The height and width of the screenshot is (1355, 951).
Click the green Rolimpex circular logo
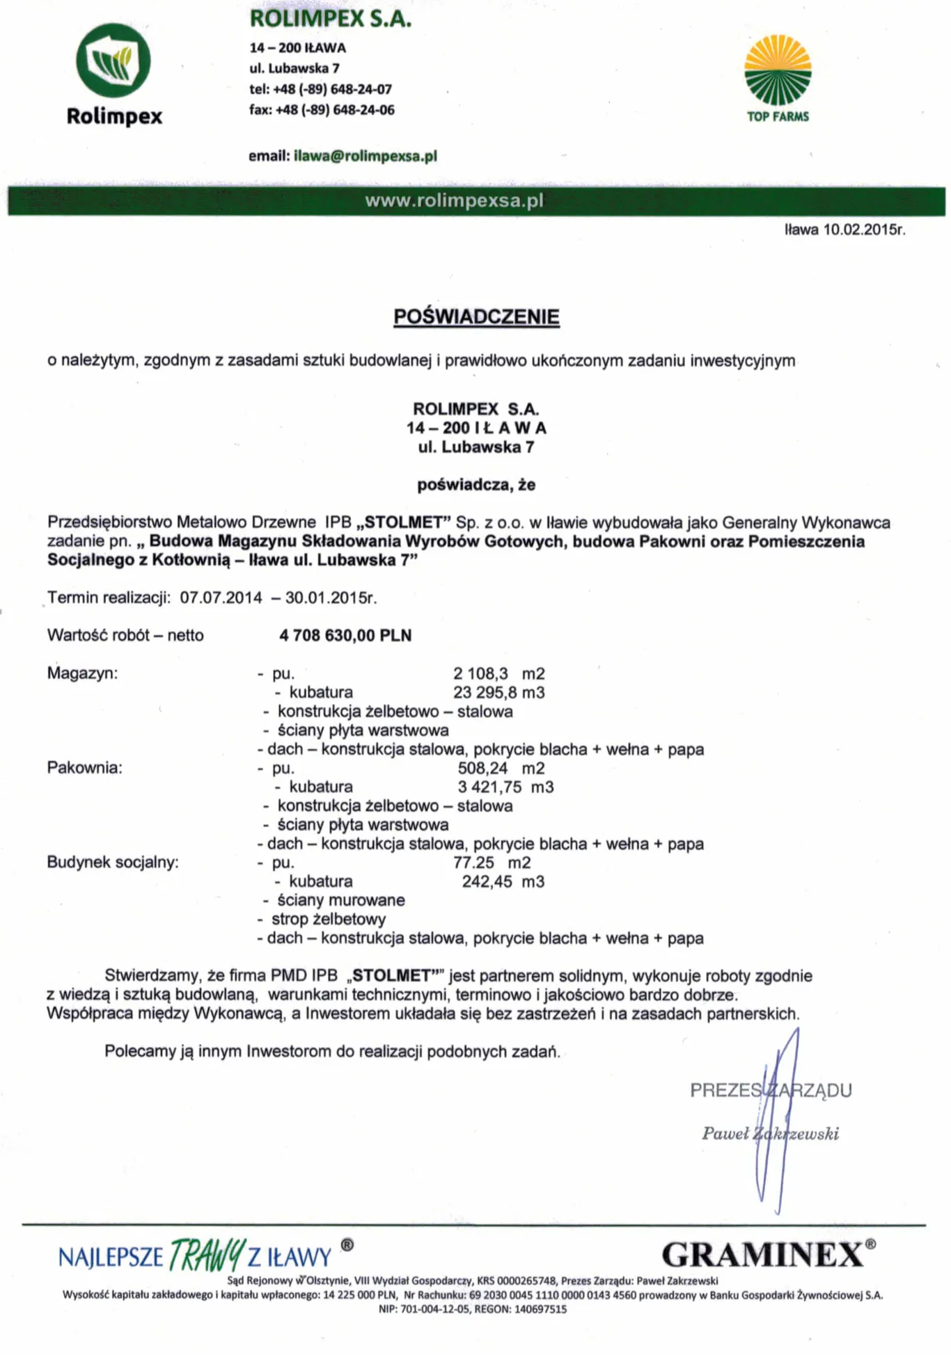point(113,61)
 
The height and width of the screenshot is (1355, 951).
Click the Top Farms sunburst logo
point(778,70)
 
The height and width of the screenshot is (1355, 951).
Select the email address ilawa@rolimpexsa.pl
point(366,156)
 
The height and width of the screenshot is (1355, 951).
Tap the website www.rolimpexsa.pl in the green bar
point(454,201)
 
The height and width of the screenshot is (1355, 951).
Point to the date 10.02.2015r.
point(864,230)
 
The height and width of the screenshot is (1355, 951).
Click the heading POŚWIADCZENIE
point(476,316)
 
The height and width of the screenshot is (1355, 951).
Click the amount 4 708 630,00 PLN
point(345,635)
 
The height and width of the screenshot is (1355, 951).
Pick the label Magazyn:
point(82,673)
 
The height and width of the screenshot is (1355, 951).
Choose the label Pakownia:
point(84,767)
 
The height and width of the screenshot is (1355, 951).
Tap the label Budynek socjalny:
point(113,862)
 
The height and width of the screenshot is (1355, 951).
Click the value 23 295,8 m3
point(498,692)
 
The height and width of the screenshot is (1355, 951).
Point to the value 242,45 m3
point(503,881)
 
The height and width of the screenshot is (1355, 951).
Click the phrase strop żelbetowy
point(329,919)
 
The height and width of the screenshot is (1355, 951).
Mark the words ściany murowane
point(341,900)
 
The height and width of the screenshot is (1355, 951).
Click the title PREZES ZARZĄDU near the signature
point(771,1090)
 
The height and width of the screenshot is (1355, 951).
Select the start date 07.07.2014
point(221,598)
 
